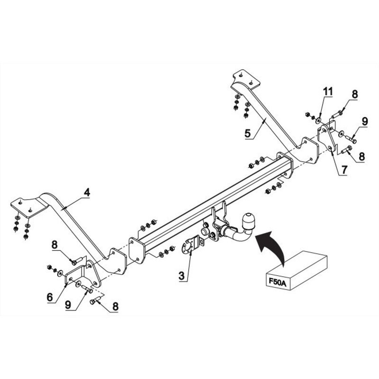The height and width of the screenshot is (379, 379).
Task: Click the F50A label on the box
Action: pyautogui.click(x=277, y=282)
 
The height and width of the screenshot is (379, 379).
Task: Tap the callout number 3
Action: pyautogui.click(x=181, y=276)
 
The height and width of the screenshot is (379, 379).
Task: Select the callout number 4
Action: pyautogui.click(x=87, y=192)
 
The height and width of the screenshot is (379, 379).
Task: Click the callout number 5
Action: pyautogui.click(x=248, y=133)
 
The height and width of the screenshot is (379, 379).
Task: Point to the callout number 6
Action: pyautogui.click(x=50, y=297)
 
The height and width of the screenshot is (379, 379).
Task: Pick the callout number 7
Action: pyautogui.click(x=344, y=170)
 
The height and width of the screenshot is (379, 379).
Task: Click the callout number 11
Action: pyautogui.click(x=328, y=91)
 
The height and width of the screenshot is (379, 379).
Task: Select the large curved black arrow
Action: pyautogui.click(x=271, y=246)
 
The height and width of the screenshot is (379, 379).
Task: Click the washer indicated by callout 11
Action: pyautogui.click(x=318, y=120)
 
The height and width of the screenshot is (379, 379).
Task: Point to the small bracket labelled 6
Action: pyautogui.click(x=74, y=276)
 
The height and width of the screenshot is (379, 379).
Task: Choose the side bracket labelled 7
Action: pyautogui.click(x=326, y=138)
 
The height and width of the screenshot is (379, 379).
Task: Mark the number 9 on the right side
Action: pyautogui.click(x=364, y=121)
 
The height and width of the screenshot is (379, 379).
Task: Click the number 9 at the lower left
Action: pyautogui.click(x=68, y=305)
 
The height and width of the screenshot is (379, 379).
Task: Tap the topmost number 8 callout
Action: pyautogui.click(x=354, y=94)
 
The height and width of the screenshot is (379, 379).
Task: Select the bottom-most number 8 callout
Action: pyautogui.click(x=115, y=307)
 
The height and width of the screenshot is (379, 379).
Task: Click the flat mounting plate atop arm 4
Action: pyautogui.click(x=28, y=207)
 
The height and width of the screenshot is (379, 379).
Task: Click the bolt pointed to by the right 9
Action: pyautogui.click(x=351, y=139)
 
